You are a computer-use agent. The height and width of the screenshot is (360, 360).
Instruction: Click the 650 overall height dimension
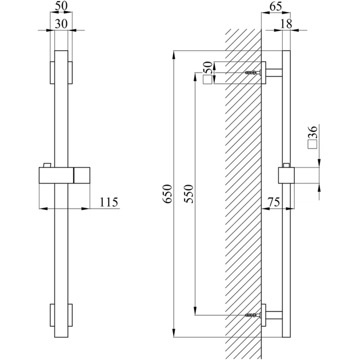point(167,194)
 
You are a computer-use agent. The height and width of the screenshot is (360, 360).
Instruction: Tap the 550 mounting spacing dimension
point(189,194)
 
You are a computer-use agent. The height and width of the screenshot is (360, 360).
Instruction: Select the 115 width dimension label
point(109,202)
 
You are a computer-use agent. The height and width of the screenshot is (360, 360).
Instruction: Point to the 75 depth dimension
point(274,202)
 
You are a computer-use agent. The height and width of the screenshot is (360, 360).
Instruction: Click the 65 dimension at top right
point(275,6)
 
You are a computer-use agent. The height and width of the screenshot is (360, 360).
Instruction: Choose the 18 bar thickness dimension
point(286,23)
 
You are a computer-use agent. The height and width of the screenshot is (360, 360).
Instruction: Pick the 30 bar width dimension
point(61,24)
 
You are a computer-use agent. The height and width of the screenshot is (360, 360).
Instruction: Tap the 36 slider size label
point(313,132)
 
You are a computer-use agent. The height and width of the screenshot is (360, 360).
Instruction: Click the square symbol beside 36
point(313,145)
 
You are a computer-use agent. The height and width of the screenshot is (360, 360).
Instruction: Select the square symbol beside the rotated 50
point(207,79)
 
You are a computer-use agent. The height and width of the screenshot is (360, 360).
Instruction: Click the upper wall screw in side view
point(253,73)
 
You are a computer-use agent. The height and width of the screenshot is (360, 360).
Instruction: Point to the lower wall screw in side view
point(253,315)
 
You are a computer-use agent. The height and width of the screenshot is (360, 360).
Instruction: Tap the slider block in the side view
point(286,175)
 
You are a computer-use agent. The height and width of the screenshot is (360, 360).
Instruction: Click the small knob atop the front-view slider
point(47,165)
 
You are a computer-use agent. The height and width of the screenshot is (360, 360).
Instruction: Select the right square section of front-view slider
point(82,175)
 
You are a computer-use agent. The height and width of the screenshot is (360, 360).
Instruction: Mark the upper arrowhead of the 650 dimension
point(174,55)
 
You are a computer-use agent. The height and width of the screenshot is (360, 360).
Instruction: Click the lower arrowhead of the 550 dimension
point(195,311)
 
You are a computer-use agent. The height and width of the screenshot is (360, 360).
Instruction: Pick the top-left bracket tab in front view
point(53,73)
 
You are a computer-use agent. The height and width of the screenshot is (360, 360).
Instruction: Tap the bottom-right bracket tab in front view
point(70,315)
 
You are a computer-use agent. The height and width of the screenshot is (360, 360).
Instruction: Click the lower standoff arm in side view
point(274,315)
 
